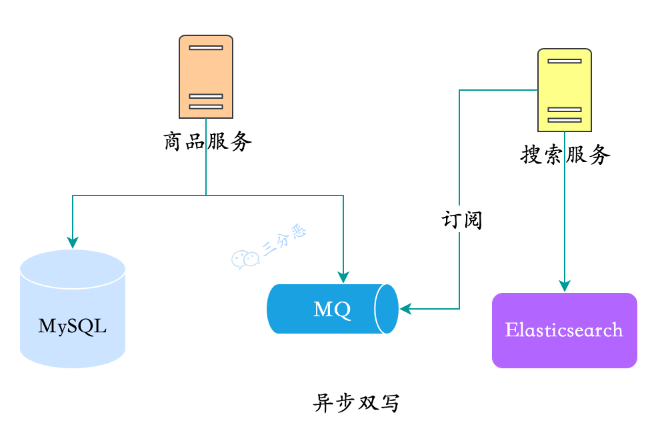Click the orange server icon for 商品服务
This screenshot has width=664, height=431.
pos(205,76)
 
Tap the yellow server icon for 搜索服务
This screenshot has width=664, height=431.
pos(565,89)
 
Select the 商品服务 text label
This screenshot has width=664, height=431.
pos(207,141)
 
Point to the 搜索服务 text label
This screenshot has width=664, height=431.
pos(565,155)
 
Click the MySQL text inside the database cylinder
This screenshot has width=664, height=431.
pos(73,326)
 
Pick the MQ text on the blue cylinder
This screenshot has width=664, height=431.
pos(331,310)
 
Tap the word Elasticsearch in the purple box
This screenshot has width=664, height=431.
pos(564,330)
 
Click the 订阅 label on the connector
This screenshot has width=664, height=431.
pos(461,220)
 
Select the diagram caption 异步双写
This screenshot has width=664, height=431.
pos(356,403)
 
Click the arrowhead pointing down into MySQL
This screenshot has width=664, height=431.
pos(73,242)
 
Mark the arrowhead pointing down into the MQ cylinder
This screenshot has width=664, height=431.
pos(343,277)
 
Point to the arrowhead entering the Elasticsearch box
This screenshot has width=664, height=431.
pos(565,286)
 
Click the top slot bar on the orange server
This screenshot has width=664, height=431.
pos(205,47)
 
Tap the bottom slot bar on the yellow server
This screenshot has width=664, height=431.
pos(565,120)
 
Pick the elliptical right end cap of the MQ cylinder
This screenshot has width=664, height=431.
pos(387,309)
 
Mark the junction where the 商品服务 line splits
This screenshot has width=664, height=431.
pos(205,195)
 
